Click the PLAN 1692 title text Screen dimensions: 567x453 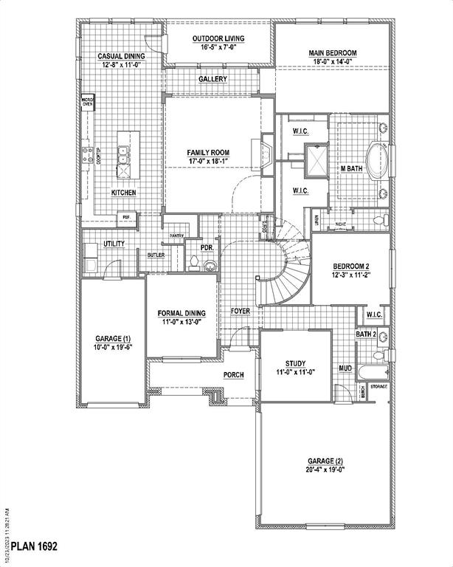pos(30,546)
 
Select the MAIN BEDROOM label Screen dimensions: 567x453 pos(332,53)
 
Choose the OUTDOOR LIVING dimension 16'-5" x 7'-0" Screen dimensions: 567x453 pos(218,47)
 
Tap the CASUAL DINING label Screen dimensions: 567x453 pos(121,56)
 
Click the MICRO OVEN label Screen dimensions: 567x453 pos(87,102)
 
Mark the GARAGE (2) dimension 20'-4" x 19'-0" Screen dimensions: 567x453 pos(325,470)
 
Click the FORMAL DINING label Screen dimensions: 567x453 pos(181,313)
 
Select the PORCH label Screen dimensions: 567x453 pos(233,375)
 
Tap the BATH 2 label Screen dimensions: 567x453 pos(367,334)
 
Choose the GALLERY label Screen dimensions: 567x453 pos(212,79)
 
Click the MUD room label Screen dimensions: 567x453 pos(345,367)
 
